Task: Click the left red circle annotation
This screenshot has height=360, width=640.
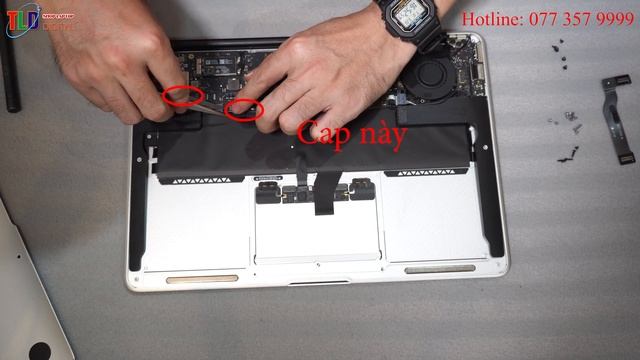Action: [181, 96]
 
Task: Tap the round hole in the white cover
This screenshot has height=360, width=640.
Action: [39, 351]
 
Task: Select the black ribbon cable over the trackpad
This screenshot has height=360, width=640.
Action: [324, 195]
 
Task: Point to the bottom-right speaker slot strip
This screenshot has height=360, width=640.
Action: [440, 268]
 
